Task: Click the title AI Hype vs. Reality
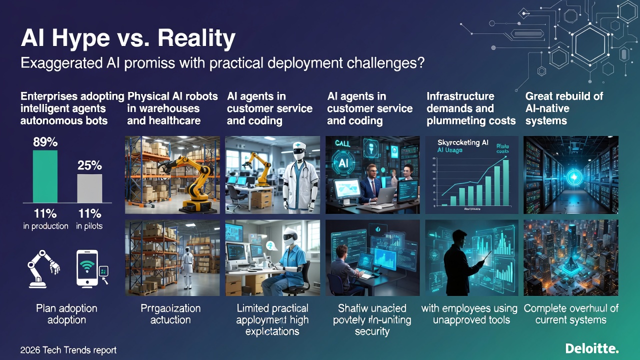[x=127, y=39]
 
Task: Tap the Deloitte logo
[x=592, y=348]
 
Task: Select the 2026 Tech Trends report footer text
[x=68, y=350]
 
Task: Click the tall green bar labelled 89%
[x=45, y=176]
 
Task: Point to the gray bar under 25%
[x=89, y=188]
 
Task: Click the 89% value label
[x=45, y=142]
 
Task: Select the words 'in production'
[x=45, y=226]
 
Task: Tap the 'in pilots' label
[x=89, y=226]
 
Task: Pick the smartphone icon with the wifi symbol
[x=87, y=268]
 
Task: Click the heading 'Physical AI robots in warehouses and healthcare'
[x=172, y=108]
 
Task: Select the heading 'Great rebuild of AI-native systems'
[x=564, y=108]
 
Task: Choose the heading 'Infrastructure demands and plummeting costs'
[x=471, y=108]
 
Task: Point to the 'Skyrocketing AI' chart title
[x=462, y=142]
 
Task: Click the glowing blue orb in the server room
[x=573, y=177]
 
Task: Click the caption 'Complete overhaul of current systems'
[x=571, y=314]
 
